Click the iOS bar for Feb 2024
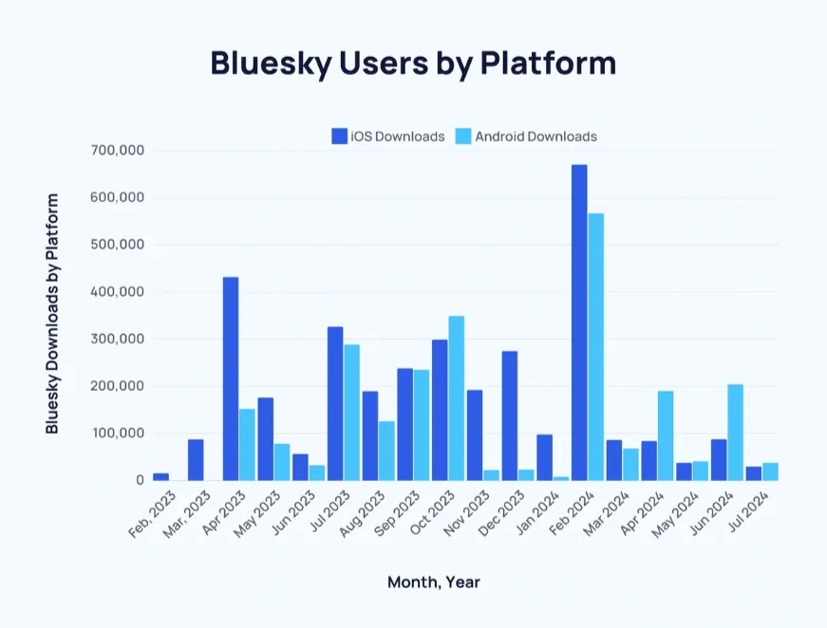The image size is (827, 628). (x=579, y=323)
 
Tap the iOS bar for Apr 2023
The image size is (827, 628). (x=231, y=379)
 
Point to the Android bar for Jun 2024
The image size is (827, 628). (x=735, y=433)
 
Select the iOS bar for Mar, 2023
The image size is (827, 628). (x=196, y=460)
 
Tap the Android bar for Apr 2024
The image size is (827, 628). (x=665, y=435)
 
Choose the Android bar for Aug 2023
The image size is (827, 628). (x=386, y=451)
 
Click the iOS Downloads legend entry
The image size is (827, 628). (x=388, y=137)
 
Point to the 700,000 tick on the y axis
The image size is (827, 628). (x=117, y=150)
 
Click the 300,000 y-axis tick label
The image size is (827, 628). (x=117, y=339)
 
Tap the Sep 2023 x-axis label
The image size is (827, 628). (x=394, y=514)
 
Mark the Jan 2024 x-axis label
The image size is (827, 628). (x=534, y=514)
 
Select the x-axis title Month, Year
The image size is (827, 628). (x=433, y=582)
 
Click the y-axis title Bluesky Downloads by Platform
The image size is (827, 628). (x=53, y=314)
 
